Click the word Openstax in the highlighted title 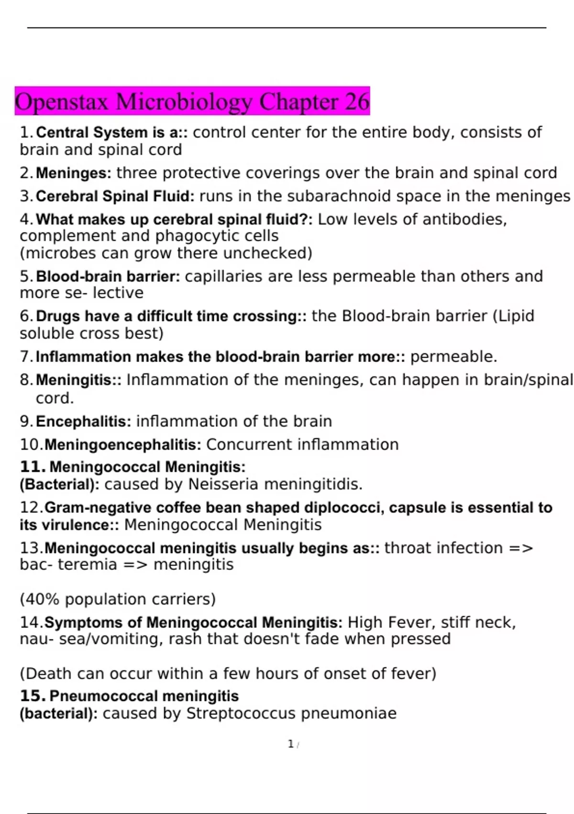(63, 102)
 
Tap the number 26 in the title (357, 102)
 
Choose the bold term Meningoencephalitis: (123, 445)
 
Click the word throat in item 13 (409, 548)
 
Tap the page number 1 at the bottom (290, 744)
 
